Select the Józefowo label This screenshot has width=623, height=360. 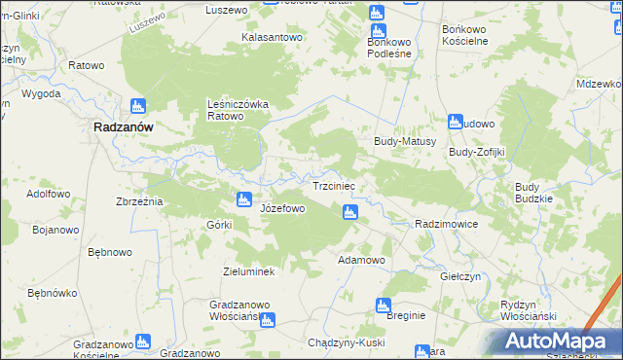(x=283, y=208)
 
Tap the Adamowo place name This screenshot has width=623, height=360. (x=361, y=261)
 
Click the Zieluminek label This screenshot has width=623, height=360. (x=249, y=271)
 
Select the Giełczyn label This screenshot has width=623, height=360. (x=460, y=276)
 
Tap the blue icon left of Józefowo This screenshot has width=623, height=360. (x=243, y=200)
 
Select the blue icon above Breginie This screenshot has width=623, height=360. (x=384, y=306)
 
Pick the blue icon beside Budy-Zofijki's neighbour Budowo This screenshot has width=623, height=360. (x=454, y=123)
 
